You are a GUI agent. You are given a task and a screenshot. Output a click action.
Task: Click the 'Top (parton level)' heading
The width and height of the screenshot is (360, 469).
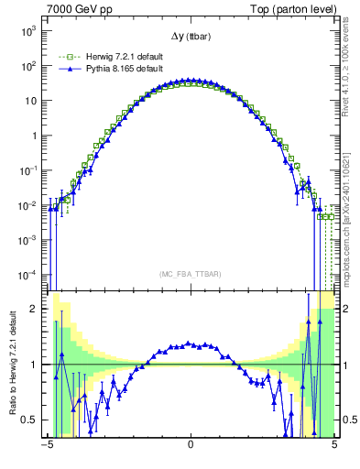293,8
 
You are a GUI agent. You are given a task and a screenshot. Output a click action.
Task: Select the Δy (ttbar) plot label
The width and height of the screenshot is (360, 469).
191,36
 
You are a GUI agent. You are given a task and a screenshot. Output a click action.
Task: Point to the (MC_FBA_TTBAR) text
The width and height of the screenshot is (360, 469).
191,274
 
